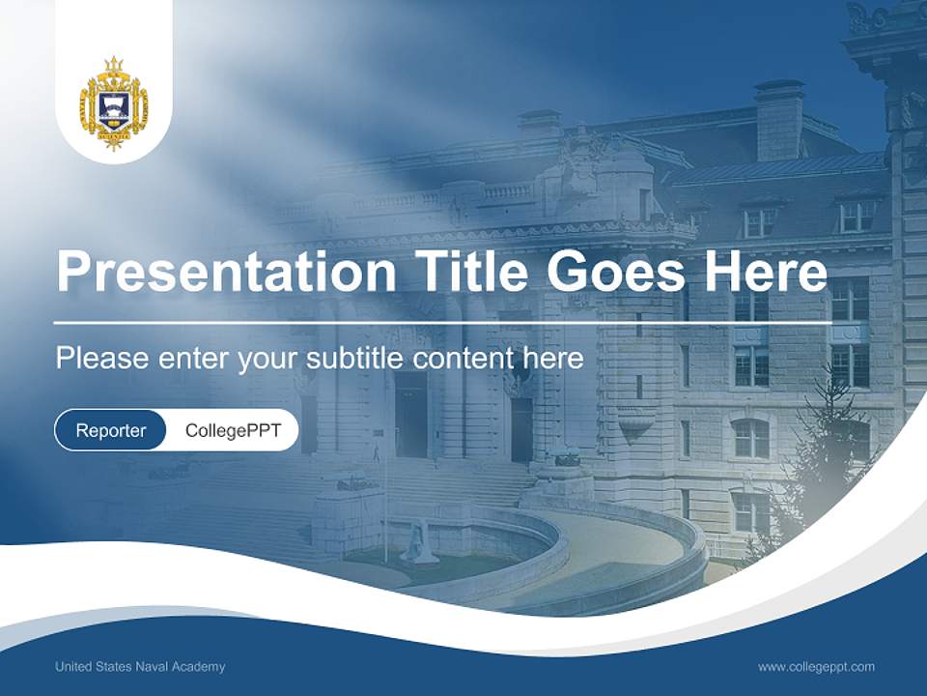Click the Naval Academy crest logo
[114, 103]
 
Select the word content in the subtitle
[463, 359]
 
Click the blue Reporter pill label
[110, 430]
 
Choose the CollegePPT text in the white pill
[233, 430]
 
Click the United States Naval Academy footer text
[140, 666]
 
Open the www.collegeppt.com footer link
[816, 666]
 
